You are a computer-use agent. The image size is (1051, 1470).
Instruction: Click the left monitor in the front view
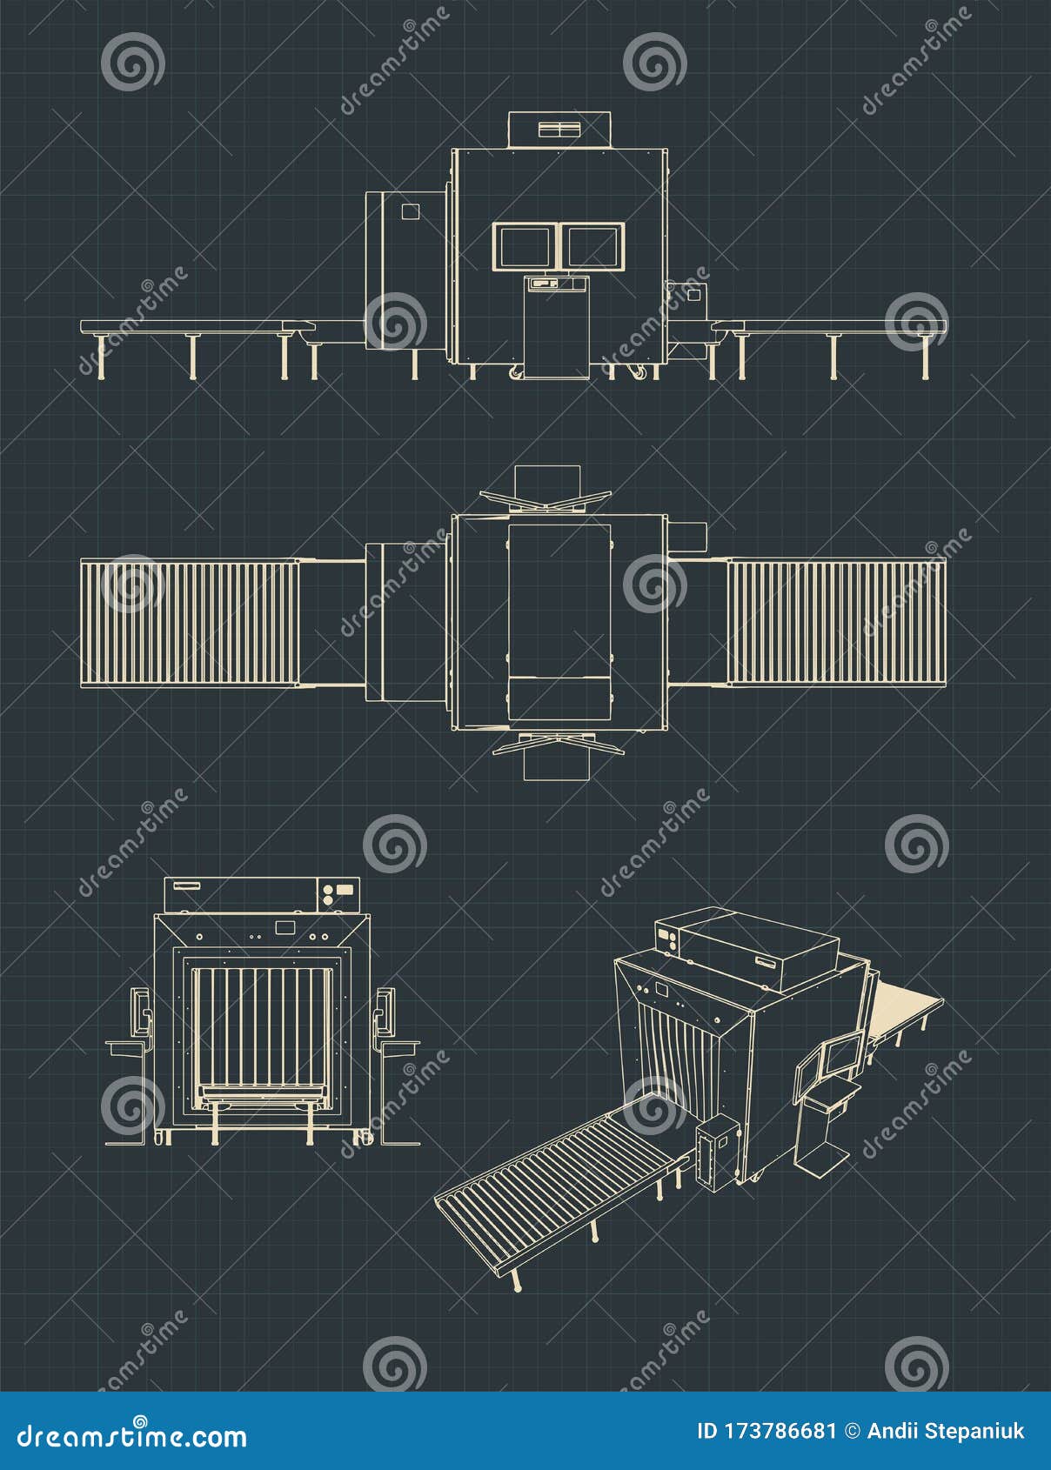pos(523,247)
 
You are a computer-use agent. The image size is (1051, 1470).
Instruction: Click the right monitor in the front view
pos(592,247)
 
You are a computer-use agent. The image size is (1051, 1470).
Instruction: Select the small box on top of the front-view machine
pos(559,130)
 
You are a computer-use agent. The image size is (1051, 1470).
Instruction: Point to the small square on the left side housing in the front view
pos(409,210)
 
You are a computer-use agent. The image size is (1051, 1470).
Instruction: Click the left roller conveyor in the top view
pos(190,622)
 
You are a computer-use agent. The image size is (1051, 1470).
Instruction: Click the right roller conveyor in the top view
pos(836,622)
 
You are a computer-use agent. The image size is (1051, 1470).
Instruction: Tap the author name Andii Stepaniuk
pos(945,1432)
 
